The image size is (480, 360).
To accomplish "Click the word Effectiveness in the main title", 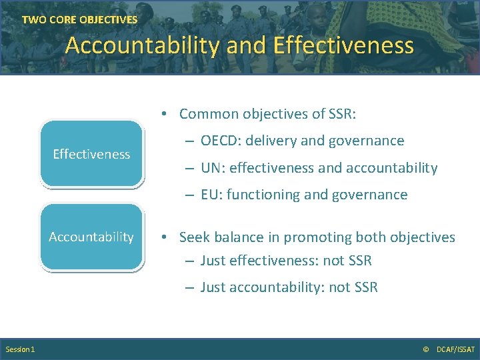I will tap(343, 45).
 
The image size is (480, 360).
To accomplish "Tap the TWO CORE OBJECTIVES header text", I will tap(79, 20).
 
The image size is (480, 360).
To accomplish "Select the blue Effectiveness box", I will tap(91, 154).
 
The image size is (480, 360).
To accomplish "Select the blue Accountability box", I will tap(91, 237).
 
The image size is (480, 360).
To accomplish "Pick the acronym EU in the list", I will tap(209, 195).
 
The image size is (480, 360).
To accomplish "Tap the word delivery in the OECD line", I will tap(271, 141).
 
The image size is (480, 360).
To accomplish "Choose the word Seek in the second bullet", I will tap(194, 237).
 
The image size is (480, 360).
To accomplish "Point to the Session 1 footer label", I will tap(21, 349).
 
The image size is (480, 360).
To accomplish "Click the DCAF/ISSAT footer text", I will tap(455, 349).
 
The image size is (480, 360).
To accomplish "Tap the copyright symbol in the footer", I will tap(426, 349).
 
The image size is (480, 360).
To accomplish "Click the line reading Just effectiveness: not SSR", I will tap(285, 261).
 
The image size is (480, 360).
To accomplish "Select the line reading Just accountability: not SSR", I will tap(289, 287).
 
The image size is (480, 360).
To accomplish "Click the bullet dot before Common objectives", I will tap(163, 115).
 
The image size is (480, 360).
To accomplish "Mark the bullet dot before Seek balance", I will tap(163, 238).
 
